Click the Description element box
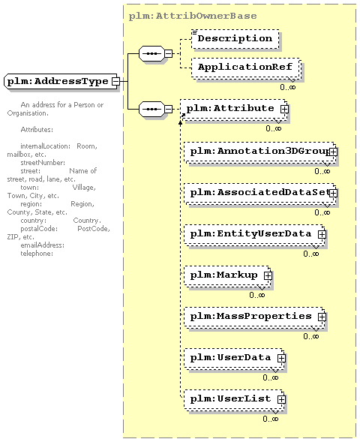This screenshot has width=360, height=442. click(235, 39)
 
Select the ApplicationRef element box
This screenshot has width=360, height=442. click(245, 68)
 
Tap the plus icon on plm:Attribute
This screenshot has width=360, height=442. click(284, 109)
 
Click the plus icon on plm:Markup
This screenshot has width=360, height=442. click(268, 275)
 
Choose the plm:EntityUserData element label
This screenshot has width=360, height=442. click(250, 233)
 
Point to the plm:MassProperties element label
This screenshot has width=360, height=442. click(250, 316)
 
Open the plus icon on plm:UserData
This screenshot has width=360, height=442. click(281, 358)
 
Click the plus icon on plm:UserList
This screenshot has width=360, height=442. click(281, 399)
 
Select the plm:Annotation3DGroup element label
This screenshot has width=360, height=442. click(259, 152)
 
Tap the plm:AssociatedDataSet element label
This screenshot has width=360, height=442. click(259, 193)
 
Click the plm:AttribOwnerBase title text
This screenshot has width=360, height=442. click(193, 16)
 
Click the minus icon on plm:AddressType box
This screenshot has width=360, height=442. click(115, 82)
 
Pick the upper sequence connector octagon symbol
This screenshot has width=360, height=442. click(151, 53)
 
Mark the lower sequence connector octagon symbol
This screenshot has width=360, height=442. click(151, 109)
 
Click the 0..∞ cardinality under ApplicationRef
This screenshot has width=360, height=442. click(288, 87)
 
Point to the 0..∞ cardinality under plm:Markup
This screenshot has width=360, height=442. click(257, 295)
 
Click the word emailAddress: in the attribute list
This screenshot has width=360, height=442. click(42, 245)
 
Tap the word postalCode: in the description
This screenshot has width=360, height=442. click(39, 229)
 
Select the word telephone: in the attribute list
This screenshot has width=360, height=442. click(37, 254)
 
